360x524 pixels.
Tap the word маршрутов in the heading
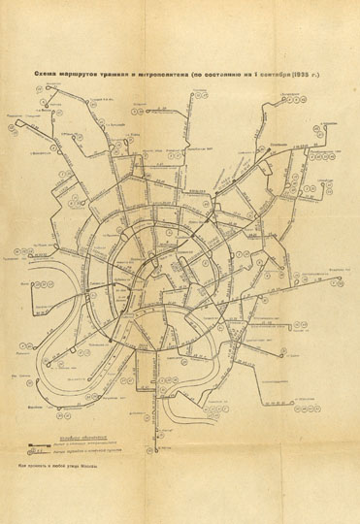81,73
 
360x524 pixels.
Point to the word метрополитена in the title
166,73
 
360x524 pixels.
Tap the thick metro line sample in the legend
39,444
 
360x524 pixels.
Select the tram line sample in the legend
39,451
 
